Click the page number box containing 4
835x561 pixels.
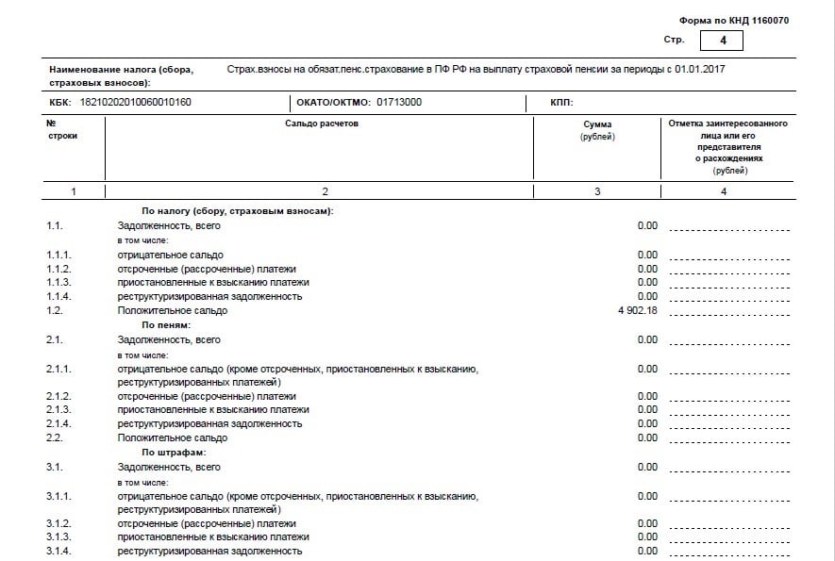[722, 41]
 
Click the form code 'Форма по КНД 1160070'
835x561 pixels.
[734, 21]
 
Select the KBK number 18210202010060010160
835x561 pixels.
[136, 102]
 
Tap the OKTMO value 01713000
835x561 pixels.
[399, 102]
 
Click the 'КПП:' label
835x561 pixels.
[562, 102]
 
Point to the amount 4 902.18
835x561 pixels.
[633, 310]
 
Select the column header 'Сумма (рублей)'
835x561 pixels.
[597, 131]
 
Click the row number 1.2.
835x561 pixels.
[54, 310]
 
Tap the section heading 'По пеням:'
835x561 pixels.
[166, 324]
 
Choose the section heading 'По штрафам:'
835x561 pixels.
[174, 453]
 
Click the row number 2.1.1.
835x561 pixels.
[58, 369]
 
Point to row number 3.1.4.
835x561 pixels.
[58, 551]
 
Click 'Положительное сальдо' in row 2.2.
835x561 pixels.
[172, 438]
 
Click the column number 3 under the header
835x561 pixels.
[597, 191]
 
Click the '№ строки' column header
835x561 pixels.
[62, 130]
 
